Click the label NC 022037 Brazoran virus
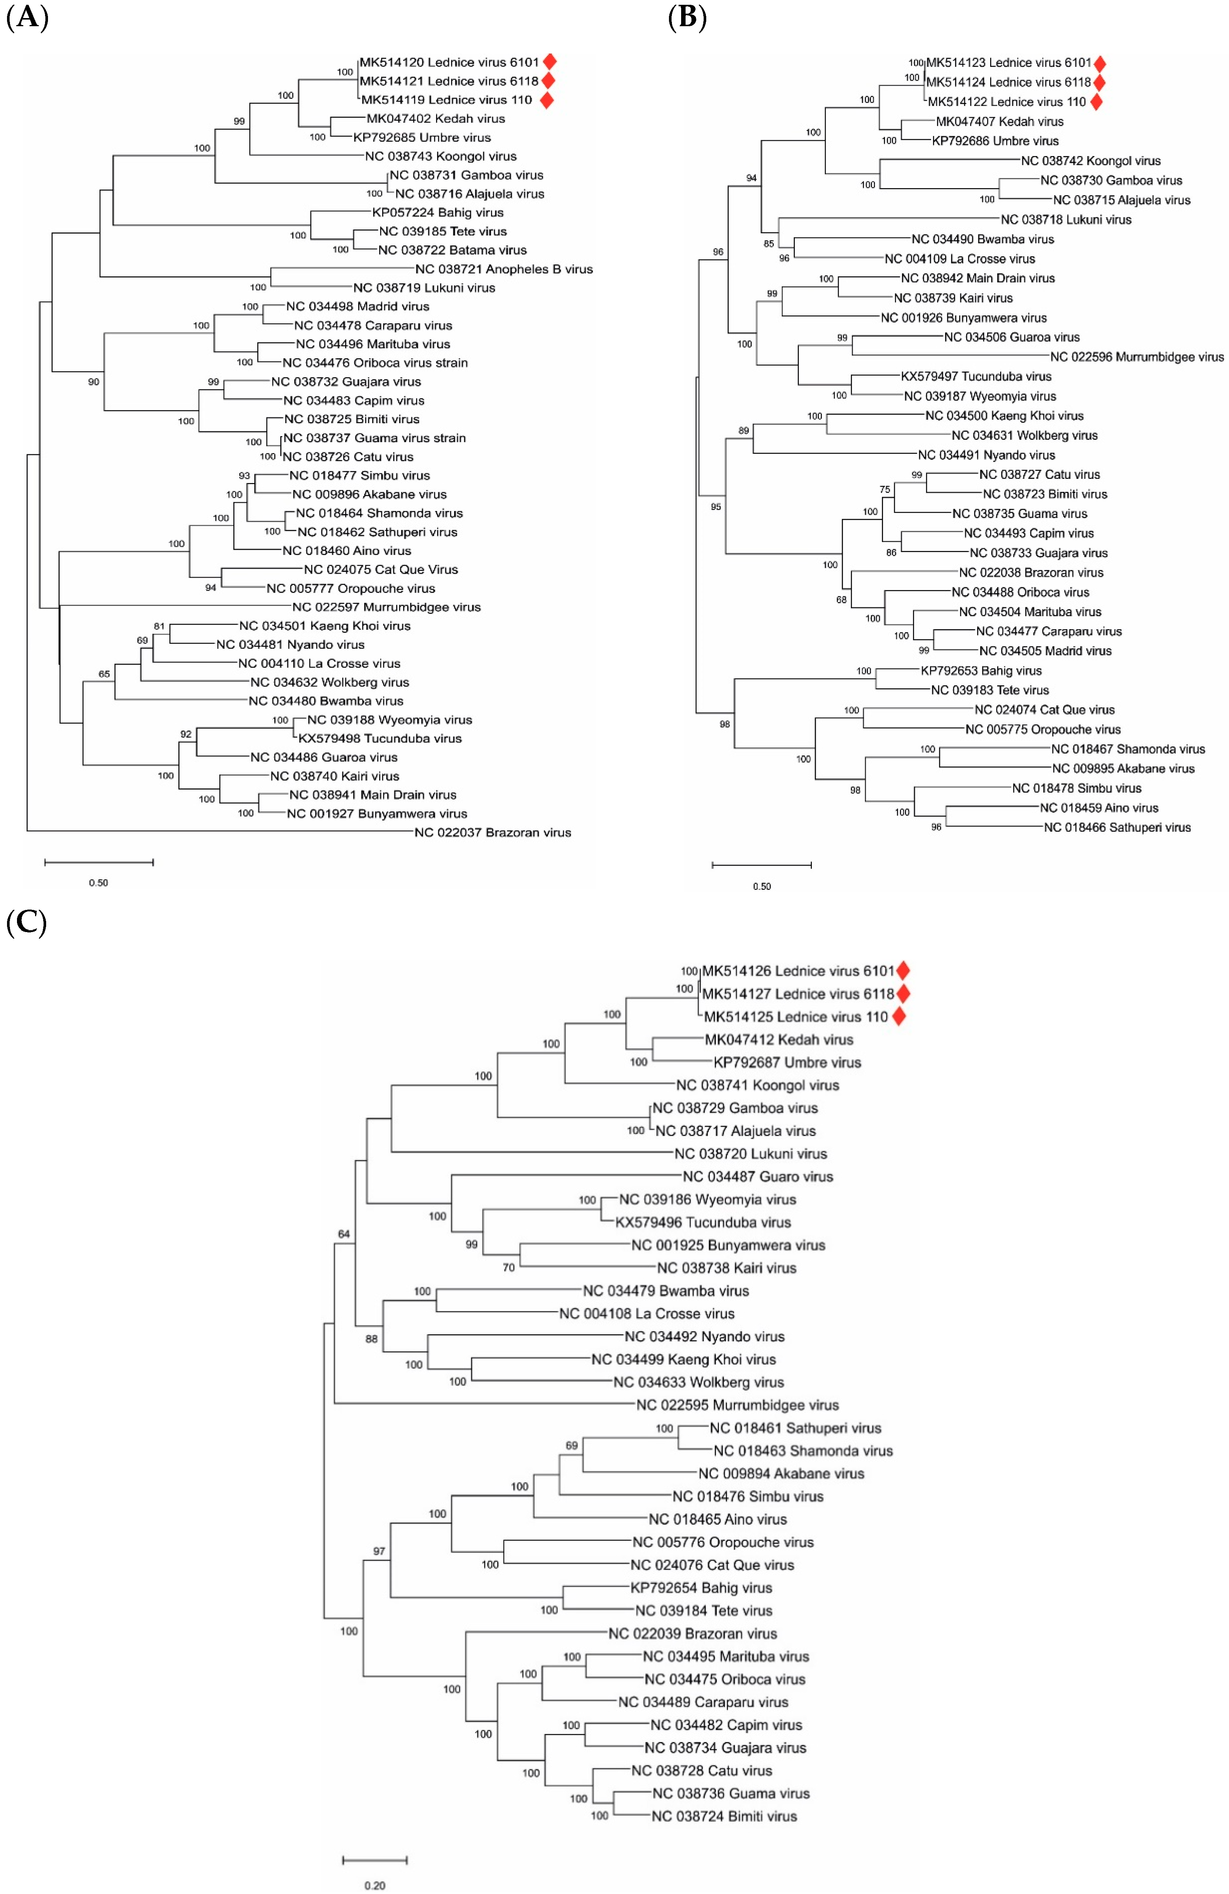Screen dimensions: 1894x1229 tap(493, 832)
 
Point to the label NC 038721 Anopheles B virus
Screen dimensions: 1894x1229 tap(504, 269)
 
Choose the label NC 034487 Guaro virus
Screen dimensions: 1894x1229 tap(758, 1176)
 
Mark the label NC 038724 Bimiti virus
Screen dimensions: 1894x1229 tap(724, 1816)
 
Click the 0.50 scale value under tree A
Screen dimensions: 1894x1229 tap(99, 883)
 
